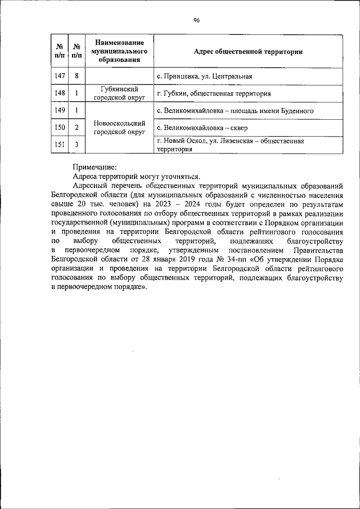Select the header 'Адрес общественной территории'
click(248, 52)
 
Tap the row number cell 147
click(60, 76)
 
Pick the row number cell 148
click(60, 93)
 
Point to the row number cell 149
click(60, 111)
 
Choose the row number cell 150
click(60, 128)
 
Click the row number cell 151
click(60, 145)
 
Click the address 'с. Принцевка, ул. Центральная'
click(204, 76)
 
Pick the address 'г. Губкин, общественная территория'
click(214, 93)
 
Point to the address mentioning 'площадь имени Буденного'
click(235, 111)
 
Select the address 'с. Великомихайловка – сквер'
click(201, 128)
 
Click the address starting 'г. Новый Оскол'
click(231, 145)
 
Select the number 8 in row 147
click(76, 76)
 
